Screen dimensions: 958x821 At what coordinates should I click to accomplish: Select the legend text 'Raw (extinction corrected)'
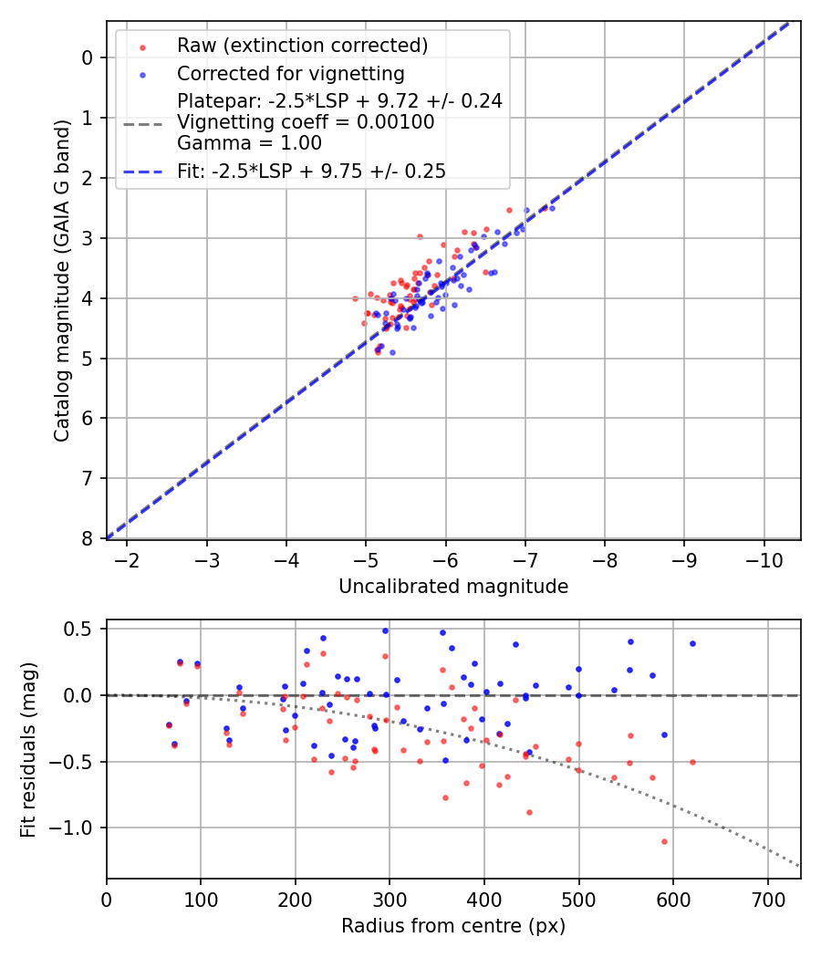pos(302,46)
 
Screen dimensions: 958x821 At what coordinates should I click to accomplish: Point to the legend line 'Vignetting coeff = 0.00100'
pos(306,121)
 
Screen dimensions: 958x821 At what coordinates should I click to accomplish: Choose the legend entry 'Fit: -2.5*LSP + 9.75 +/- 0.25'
pos(311,171)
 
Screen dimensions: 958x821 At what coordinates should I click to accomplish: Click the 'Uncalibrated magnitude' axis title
pos(453,587)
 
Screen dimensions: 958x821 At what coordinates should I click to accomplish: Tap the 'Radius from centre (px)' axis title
pos(453,926)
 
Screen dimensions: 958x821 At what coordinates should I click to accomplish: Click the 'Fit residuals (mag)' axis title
pos(29,749)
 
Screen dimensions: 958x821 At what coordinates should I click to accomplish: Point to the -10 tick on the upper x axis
pos(762,558)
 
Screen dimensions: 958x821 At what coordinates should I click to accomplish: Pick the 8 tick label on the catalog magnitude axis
pos(88,538)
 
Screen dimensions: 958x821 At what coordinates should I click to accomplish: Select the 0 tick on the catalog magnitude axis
pos(88,57)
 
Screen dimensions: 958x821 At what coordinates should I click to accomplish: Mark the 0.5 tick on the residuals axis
pos(82,629)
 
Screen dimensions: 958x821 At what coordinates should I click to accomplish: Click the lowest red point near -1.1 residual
pos(664,841)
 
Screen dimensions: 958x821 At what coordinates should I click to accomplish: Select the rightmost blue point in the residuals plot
pos(692,643)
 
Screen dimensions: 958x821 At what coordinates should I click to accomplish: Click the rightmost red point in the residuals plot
pos(692,762)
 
